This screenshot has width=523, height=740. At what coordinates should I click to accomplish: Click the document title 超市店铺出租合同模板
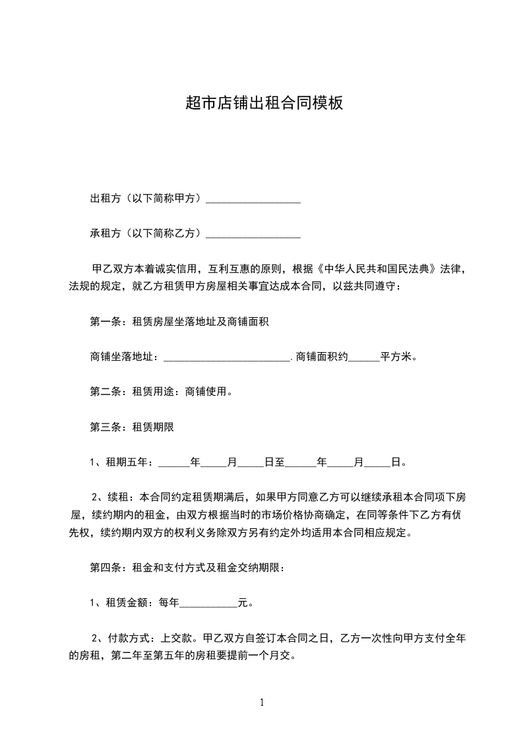click(x=264, y=104)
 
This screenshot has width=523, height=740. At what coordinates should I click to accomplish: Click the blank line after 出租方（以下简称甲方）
click(x=253, y=199)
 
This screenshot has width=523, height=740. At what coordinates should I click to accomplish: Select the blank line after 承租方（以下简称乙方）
click(x=253, y=233)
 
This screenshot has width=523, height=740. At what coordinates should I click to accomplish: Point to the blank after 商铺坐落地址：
click(x=226, y=357)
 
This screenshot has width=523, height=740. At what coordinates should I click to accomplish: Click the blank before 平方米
click(x=363, y=357)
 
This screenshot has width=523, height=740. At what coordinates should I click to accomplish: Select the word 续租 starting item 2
click(x=122, y=497)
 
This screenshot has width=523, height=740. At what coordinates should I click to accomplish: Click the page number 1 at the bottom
click(x=262, y=703)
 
